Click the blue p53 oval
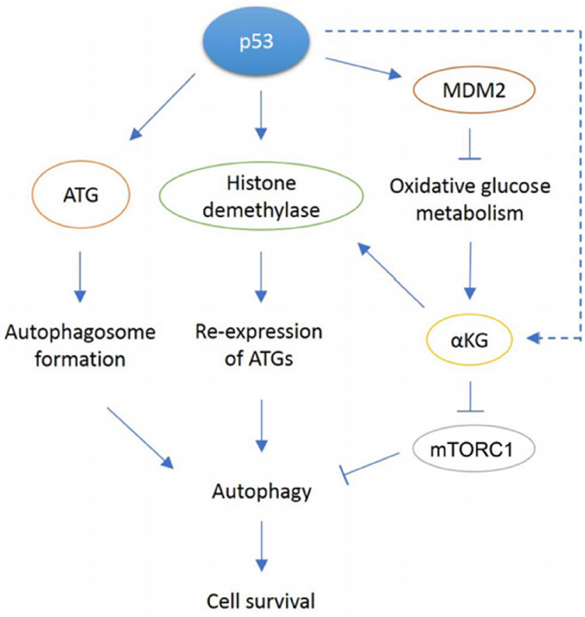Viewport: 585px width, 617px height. pos(256,41)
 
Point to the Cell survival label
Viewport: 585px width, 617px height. pos(261,601)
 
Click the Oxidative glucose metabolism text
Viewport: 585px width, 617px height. pos(470,199)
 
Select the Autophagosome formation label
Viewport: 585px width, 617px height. pos(81,346)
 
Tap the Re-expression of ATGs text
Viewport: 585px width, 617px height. pos(260,345)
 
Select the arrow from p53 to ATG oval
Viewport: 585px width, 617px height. pos(163,107)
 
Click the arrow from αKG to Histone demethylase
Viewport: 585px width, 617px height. pos(391,274)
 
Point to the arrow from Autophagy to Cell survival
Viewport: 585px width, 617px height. pos(261,546)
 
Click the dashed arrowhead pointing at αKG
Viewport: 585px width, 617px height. pos(534,338)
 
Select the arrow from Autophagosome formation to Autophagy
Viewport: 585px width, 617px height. pos(140,438)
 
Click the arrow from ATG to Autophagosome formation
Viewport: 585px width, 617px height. pos(81,277)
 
